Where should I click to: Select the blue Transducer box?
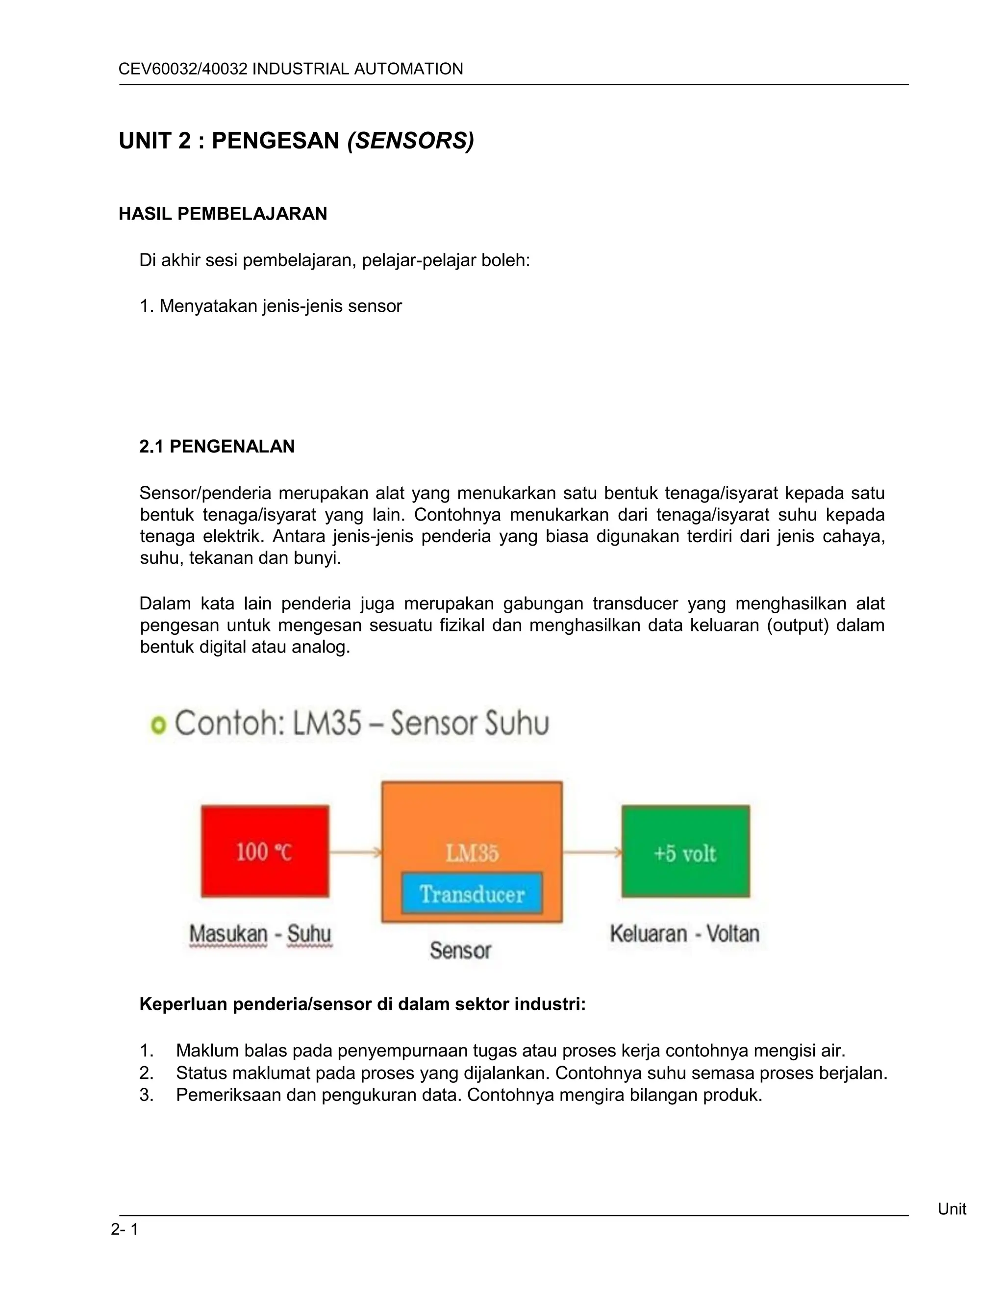tap(472, 893)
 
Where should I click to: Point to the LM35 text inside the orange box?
tap(472, 853)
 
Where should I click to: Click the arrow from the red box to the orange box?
tap(355, 853)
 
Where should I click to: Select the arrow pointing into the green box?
tap(592, 853)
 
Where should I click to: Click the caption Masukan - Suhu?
tap(260, 934)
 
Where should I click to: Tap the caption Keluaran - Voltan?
tap(684, 934)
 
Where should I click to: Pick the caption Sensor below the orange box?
tap(460, 950)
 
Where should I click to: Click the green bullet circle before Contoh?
tap(158, 725)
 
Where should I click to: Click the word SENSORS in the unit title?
tap(410, 141)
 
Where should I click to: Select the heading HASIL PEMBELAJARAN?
tap(223, 214)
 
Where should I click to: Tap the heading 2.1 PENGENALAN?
tap(217, 447)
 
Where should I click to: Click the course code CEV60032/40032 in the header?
tap(182, 69)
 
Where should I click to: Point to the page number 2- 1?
tap(125, 1229)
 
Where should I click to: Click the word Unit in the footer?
tap(952, 1209)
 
